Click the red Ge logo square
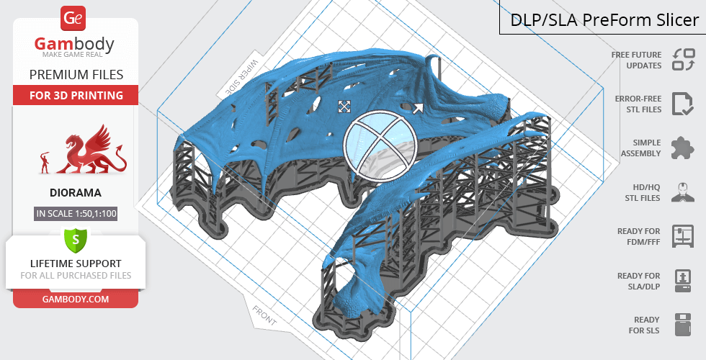(x=73, y=19)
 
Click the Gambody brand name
(x=74, y=44)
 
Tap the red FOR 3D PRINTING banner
(x=76, y=95)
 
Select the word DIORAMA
(x=76, y=193)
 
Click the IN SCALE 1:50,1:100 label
(x=76, y=213)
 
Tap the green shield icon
(x=76, y=239)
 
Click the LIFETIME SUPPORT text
(x=76, y=264)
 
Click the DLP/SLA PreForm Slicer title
(x=604, y=20)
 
